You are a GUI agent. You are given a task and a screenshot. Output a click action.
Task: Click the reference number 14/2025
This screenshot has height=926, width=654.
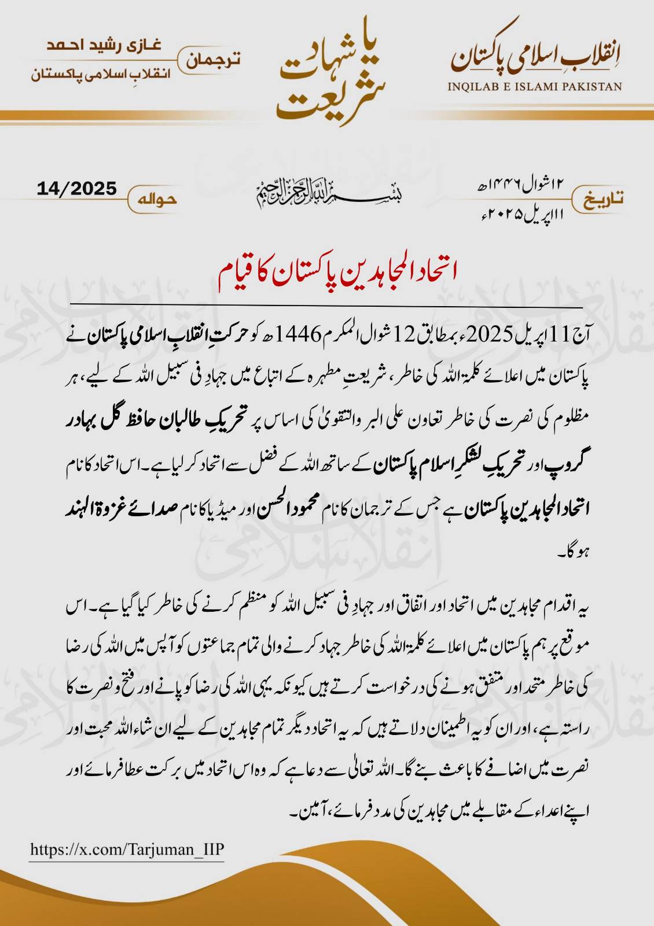coord(76,189)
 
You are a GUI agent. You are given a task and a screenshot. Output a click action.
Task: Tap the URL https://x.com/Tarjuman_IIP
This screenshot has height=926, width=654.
coord(127,850)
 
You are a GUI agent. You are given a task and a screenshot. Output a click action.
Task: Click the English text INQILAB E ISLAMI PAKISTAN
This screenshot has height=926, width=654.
coord(534,87)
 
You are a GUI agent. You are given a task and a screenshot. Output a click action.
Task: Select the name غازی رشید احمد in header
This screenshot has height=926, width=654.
coord(104,46)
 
